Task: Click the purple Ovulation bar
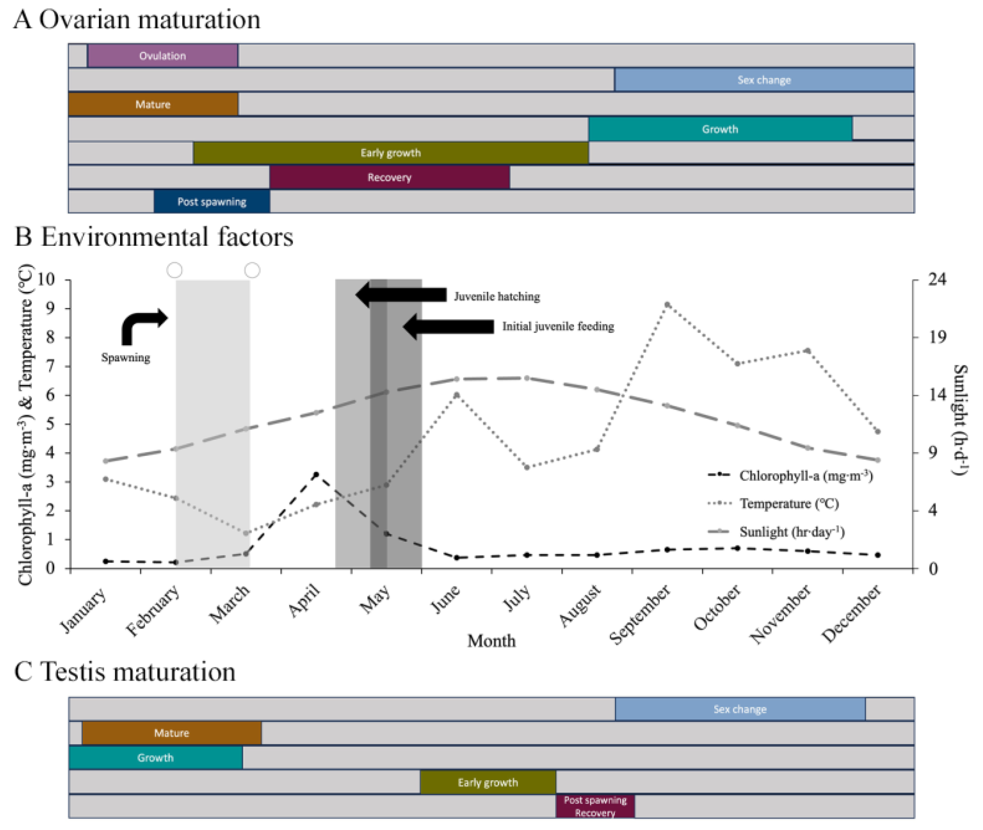click(x=162, y=55)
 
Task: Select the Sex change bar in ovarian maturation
click(x=764, y=80)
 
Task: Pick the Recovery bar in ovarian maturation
click(x=389, y=178)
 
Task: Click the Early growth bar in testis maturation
click(x=487, y=782)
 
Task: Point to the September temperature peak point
click(x=667, y=304)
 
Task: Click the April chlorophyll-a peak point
click(x=316, y=474)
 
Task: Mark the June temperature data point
click(x=456, y=395)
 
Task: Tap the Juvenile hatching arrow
click(x=401, y=295)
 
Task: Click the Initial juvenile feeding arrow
click(x=448, y=326)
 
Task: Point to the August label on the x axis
click(x=580, y=606)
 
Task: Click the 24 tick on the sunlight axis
click(x=936, y=279)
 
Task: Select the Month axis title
click(x=491, y=641)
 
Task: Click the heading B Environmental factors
click(x=154, y=237)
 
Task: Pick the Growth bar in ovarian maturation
click(x=720, y=129)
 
